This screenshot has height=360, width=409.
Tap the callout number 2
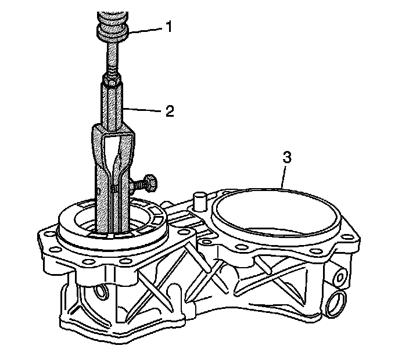click(x=169, y=111)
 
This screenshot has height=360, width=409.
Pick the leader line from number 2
click(x=145, y=109)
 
